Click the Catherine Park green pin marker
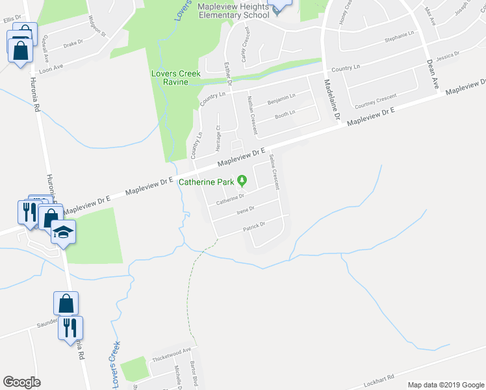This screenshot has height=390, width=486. click(242, 180)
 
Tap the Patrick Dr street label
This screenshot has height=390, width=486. click(253, 227)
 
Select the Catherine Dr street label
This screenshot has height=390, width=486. click(230, 199)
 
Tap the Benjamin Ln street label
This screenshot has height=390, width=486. click(281, 98)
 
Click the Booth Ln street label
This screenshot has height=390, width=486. click(285, 114)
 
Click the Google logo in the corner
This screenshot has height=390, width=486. click(21, 382)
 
